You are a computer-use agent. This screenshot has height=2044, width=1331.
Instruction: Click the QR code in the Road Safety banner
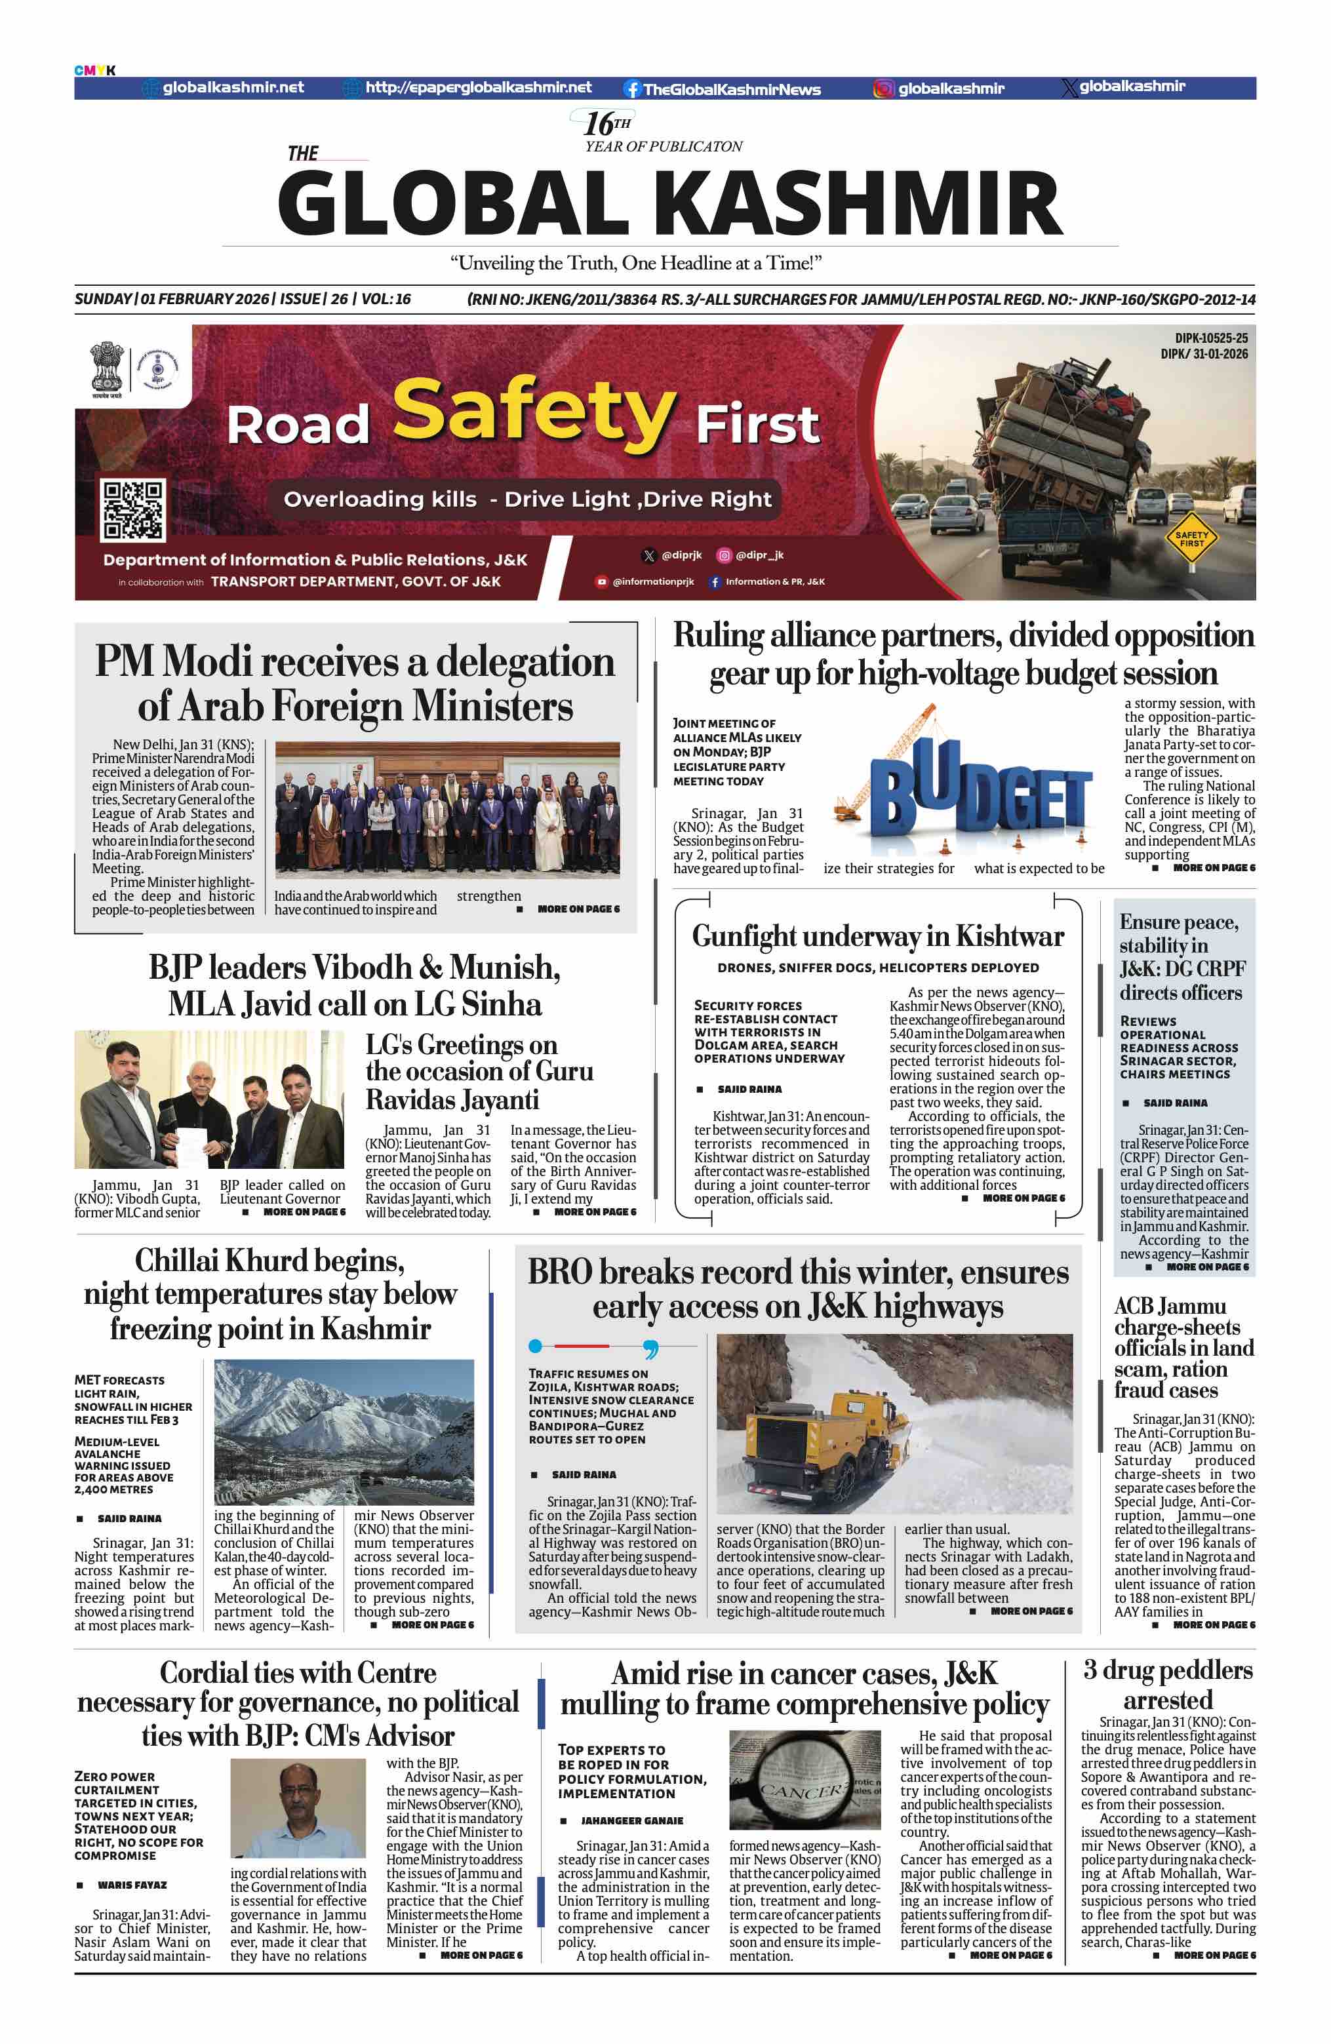click(x=132, y=509)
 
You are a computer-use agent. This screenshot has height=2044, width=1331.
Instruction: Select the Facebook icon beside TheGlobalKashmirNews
click(x=632, y=88)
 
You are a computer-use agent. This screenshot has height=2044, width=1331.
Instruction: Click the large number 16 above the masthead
click(x=598, y=124)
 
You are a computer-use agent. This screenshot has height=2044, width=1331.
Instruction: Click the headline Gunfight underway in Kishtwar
click(x=877, y=935)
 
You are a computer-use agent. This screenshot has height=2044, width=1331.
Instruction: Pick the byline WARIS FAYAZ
click(x=132, y=1885)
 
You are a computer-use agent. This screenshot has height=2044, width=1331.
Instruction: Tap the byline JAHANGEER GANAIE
click(x=631, y=1820)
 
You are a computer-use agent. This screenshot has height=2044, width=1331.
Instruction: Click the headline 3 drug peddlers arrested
click(x=1168, y=1684)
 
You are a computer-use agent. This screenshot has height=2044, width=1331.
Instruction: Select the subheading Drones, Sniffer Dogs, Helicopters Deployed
click(x=877, y=968)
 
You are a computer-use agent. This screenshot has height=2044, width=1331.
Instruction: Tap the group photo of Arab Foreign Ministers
click(x=447, y=809)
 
